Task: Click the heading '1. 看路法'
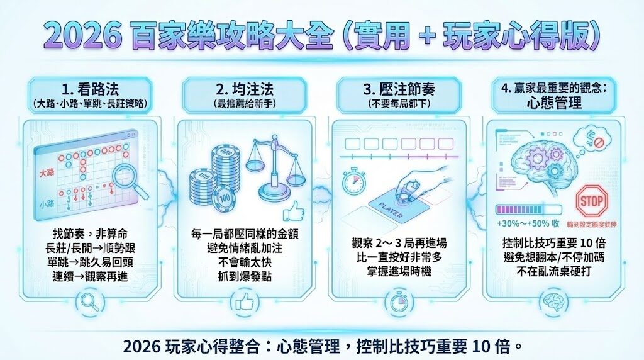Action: point(89,89)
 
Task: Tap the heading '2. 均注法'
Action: point(245,89)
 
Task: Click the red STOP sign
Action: point(592,201)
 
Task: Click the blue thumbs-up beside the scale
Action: point(293,210)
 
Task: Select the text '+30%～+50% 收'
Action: point(528,223)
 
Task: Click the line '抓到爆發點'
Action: point(245,276)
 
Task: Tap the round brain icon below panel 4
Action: point(552,300)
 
